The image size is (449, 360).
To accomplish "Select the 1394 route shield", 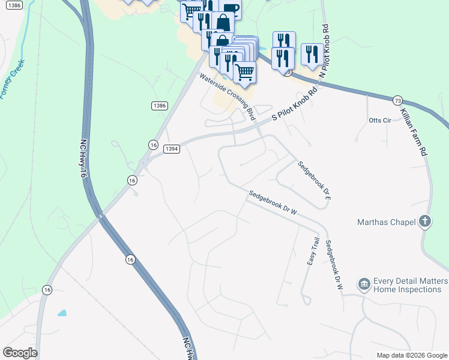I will click(172, 148).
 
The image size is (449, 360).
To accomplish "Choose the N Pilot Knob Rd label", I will click(325, 51).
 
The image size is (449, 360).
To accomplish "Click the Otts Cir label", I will click(379, 121).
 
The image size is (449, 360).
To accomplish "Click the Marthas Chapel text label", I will click(386, 223).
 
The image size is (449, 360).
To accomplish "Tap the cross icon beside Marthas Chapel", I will click(425, 221).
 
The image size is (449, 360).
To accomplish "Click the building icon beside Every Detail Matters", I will click(364, 284).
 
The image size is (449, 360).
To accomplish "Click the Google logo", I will click(20, 353).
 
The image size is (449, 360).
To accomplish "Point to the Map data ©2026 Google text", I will click(412, 355).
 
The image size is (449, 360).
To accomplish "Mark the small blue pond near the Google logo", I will click(62, 313).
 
